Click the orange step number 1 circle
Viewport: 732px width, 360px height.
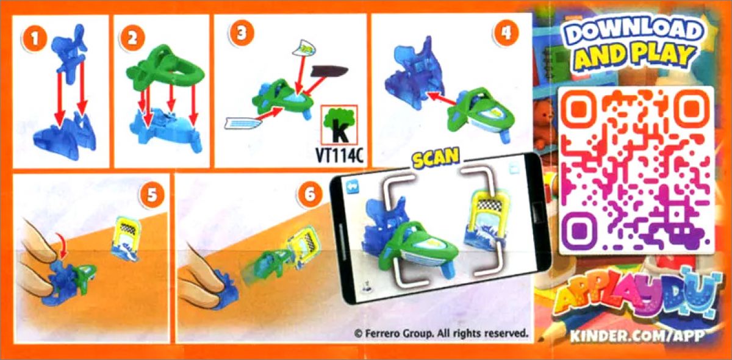34,38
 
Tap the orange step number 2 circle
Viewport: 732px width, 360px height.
132,38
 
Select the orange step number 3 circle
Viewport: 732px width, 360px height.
242,34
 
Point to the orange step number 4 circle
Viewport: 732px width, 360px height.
506,33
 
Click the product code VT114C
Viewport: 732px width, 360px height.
339,156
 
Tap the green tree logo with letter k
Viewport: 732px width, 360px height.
339,125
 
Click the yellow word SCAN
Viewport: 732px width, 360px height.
436,157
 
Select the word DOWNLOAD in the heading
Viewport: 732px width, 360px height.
633,31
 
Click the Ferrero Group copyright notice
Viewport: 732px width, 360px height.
441,334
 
